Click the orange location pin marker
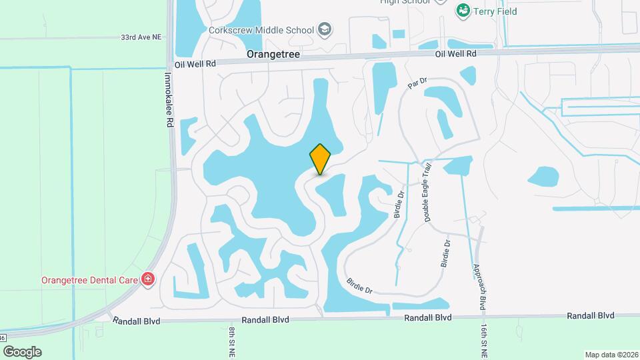(x=320, y=159)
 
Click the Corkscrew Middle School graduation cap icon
(x=325, y=29)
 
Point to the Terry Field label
(x=495, y=11)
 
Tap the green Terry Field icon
(x=461, y=11)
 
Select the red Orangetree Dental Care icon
(x=148, y=279)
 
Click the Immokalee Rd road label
(x=169, y=100)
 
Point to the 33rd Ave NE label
(x=142, y=38)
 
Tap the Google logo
(x=22, y=351)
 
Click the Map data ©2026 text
(x=611, y=355)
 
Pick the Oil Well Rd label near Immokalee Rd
(x=195, y=64)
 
